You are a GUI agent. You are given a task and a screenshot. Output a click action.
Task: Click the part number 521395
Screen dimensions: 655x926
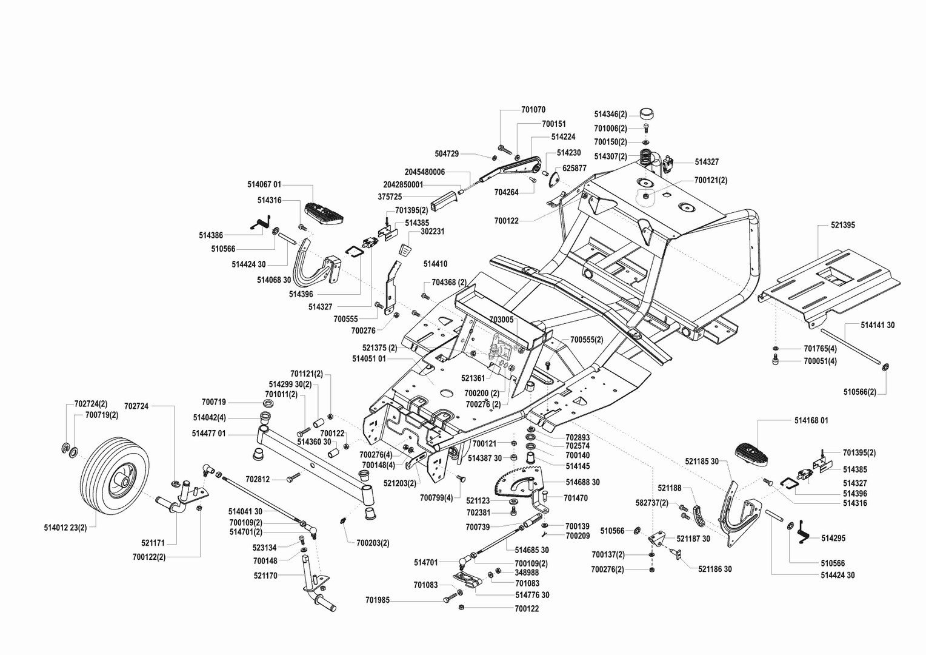(843, 225)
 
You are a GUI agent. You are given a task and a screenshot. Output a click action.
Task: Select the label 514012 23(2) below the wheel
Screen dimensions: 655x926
(65, 527)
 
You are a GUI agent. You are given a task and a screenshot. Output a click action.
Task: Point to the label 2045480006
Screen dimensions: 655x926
(425, 172)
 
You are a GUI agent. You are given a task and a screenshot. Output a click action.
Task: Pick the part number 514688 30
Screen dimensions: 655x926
(582, 482)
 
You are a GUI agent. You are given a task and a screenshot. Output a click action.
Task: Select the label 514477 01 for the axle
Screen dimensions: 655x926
(208, 434)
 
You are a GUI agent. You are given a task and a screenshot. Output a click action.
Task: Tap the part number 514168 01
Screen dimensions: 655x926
(811, 420)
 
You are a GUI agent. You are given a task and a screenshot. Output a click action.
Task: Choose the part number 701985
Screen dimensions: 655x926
(377, 600)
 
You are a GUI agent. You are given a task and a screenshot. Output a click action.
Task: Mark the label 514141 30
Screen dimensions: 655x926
(878, 326)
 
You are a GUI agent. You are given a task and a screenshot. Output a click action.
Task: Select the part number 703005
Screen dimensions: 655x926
(501, 319)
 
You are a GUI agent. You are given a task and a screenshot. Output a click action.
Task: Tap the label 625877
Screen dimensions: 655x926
(574, 168)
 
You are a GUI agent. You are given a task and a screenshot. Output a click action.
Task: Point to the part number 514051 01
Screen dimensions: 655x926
(369, 358)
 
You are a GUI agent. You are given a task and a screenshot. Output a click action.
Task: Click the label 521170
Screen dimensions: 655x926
(265, 576)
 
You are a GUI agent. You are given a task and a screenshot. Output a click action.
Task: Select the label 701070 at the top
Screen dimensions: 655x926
(533, 110)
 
